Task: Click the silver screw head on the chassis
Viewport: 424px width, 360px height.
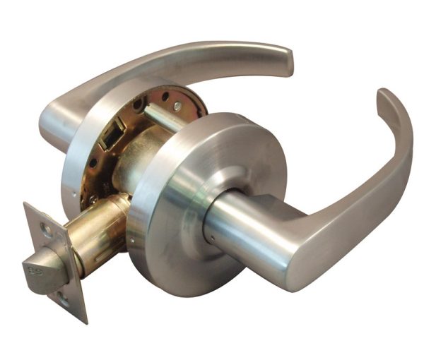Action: pyautogui.click(x=177, y=106)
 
